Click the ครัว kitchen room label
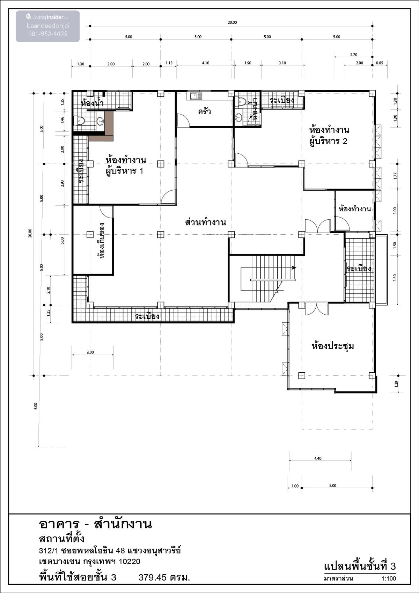pos(204,111)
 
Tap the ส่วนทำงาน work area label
pos(205,222)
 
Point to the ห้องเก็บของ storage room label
pos(101,241)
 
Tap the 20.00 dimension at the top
pos(232,22)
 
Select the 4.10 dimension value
pos(205,63)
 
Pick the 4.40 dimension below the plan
pos(318,459)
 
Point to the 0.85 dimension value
pos(379,63)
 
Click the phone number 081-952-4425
pos(47,34)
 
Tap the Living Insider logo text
pos(47,17)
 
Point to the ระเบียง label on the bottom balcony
pos(147,316)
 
